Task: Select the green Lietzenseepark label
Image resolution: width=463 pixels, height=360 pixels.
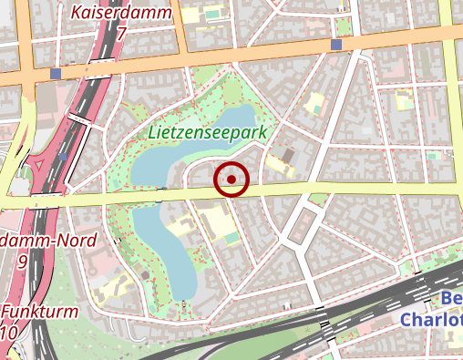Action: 207,133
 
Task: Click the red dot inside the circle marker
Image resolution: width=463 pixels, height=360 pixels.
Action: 231,180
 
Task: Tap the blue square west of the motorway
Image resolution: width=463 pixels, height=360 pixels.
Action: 57,74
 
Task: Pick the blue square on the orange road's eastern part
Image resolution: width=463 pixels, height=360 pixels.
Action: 336,45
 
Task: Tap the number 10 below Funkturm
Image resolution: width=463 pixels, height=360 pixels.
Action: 8,333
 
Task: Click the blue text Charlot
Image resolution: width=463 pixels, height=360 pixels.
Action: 431,321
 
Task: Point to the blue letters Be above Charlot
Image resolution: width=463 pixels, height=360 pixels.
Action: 451,300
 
